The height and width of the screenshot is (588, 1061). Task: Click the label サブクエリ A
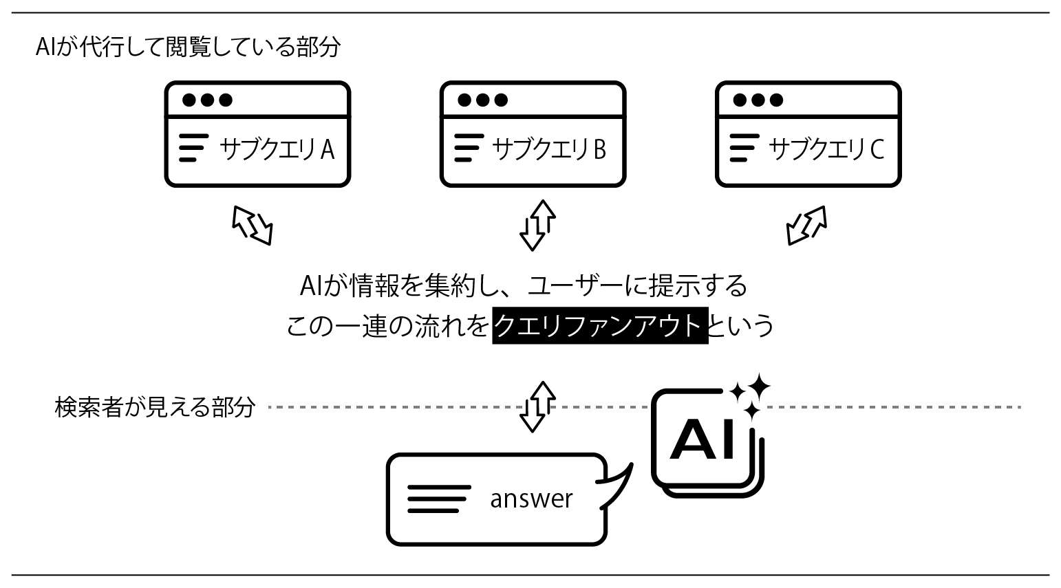tap(277, 149)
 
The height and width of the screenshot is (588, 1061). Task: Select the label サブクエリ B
tap(549, 149)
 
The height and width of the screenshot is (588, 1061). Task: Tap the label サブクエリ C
tap(826, 149)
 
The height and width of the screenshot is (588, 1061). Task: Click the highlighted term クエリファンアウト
tap(599, 325)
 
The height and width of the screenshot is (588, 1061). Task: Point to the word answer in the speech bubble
tap(530, 499)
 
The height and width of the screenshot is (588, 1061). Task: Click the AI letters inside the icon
tap(703, 440)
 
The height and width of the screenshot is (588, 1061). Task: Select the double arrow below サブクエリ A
tap(253, 225)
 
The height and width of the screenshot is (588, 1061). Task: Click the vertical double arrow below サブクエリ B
tap(537, 225)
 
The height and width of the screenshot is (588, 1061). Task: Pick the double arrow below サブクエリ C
tap(806, 225)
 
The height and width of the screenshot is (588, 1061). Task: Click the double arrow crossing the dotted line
tap(537, 406)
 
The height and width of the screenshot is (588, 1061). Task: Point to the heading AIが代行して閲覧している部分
tap(188, 47)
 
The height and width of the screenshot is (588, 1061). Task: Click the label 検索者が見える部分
tap(155, 407)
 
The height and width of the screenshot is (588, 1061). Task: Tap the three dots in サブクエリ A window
tap(207, 100)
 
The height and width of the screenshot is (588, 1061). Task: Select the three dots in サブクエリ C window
tap(758, 100)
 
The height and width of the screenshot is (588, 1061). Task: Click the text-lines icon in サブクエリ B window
tap(469, 149)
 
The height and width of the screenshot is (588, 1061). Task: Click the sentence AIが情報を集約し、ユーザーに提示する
tap(524, 285)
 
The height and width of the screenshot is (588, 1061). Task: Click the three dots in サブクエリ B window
tap(482, 100)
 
